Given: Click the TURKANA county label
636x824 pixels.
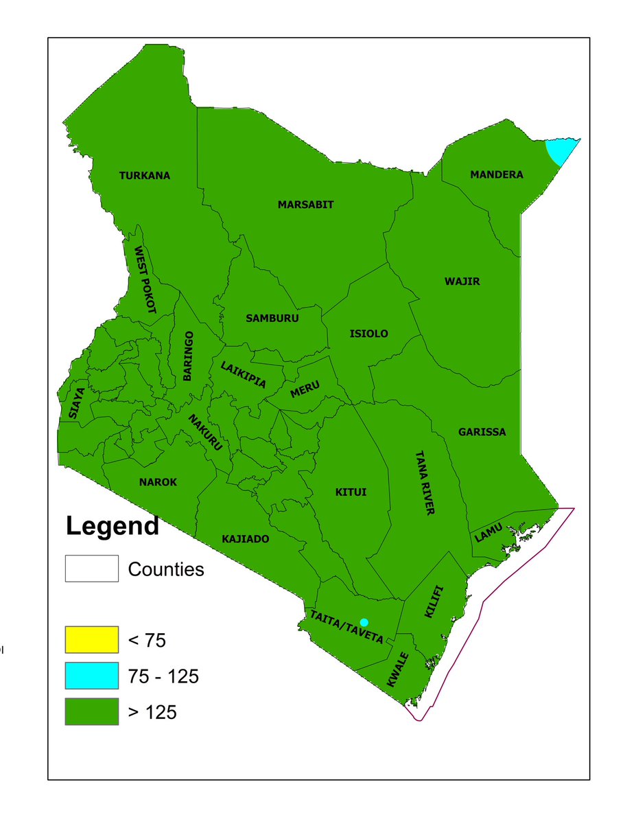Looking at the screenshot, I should click(x=145, y=176).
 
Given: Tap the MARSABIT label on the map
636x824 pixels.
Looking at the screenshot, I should click(x=305, y=205).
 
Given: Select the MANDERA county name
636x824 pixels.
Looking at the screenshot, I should click(x=496, y=175).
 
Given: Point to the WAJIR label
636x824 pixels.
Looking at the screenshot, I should click(x=462, y=282).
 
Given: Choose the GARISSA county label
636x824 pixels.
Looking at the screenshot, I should click(x=482, y=432).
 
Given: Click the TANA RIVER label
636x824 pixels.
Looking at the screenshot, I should click(x=424, y=483).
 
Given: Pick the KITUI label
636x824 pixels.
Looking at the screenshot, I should click(x=351, y=492).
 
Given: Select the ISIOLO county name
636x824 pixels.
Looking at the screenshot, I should click(x=369, y=334).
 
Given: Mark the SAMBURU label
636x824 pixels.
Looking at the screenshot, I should click(x=272, y=318).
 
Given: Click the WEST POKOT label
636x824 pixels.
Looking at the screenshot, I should click(x=145, y=279).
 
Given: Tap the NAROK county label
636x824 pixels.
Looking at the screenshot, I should click(x=158, y=482).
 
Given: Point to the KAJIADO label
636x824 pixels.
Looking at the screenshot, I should click(x=246, y=539).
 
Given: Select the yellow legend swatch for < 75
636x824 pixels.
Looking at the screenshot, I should click(x=92, y=641).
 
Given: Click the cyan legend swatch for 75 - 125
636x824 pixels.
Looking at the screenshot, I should click(x=92, y=676).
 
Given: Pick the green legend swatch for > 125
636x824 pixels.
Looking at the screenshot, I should click(x=92, y=712).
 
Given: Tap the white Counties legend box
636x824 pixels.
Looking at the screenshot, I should click(x=92, y=569).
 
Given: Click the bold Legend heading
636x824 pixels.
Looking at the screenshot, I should click(x=113, y=527).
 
